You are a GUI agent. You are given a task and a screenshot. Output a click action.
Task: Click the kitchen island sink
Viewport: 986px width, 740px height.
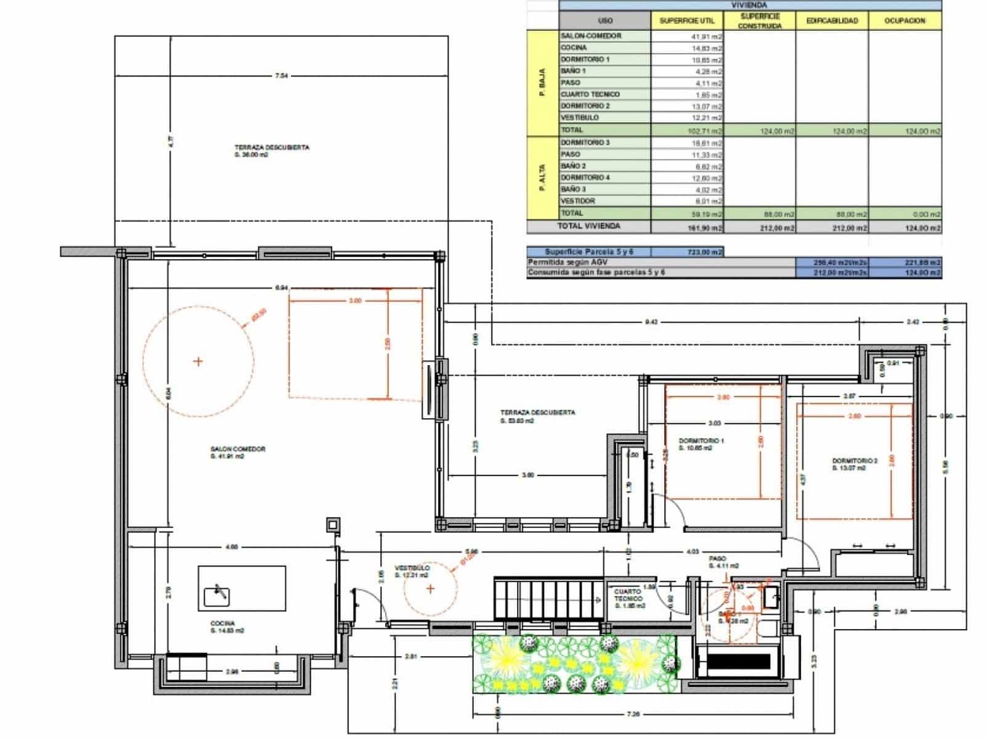click(x=217, y=594)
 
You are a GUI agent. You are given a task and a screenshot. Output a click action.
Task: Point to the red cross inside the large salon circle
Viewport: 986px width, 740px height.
click(x=198, y=361)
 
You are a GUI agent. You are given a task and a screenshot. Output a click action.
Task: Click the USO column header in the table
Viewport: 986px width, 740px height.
click(x=605, y=20)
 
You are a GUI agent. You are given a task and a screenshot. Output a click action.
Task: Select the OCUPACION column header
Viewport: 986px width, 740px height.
click(x=905, y=20)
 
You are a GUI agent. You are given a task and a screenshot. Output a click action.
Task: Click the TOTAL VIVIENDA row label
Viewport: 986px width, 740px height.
click(x=589, y=226)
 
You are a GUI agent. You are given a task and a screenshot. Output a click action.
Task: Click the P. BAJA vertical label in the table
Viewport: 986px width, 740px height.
click(x=542, y=83)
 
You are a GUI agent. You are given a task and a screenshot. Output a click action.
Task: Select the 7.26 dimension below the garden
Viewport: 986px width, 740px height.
click(x=632, y=714)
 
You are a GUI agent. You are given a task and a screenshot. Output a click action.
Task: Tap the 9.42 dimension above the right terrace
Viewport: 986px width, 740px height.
click(x=651, y=321)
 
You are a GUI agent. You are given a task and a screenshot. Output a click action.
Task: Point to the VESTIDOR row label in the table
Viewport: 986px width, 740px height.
click(x=577, y=201)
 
